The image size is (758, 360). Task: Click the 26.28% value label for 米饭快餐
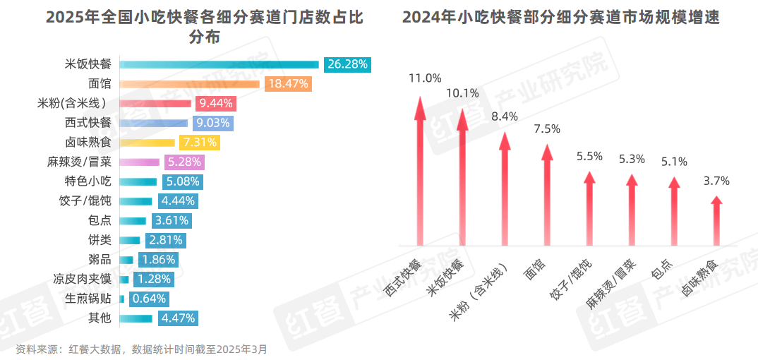(x=347, y=64)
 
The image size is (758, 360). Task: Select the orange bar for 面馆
(x=191, y=84)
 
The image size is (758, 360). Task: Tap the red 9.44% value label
(x=216, y=104)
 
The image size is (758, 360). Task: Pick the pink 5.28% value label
(x=184, y=162)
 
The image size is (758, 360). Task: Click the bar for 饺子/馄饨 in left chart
(x=136, y=201)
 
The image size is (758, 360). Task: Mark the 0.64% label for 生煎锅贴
(x=149, y=299)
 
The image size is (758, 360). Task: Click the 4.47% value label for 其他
(x=178, y=318)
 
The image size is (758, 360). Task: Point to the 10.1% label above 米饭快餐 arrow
(x=462, y=92)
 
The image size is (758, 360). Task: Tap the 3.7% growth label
(x=716, y=181)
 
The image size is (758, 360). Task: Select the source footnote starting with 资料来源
(x=141, y=349)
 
